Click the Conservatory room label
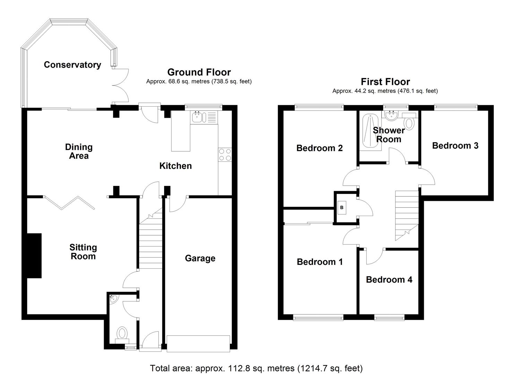pyautogui.click(x=72, y=65)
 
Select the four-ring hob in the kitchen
pyautogui.click(x=225, y=154)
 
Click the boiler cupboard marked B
pyautogui.click(x=342, y=207)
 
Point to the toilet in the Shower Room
pyautogui.click(x=410, y=123)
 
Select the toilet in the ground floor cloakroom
pyautogui.click(x=121, y=334)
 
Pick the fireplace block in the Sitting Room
pyautogui.click(x=34, y=256)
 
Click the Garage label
pyautogui.click(x=200, y=258)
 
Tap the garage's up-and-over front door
pyautogui.click(x=198, y=344)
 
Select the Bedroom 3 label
pyautogui.click(x=455, y=145)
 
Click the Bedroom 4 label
pyautogui.click(x=389, y=279)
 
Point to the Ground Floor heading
pyautogui.click(x=199, y=72)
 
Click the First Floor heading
pyautogui.click(x=385, y=82)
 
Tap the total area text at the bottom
pyautogui.click(x=256, y=368)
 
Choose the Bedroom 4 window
pyautogui.click(x=389, y=317)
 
